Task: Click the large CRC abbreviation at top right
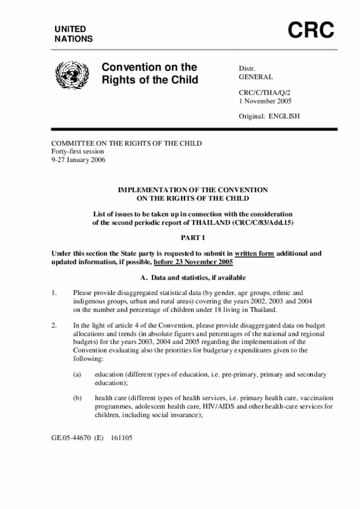coord(312,30)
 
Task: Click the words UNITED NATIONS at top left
coord(73,34)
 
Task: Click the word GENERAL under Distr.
coord(256,77)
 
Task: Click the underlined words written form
coord(254,254)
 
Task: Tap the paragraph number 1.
coord(54,293)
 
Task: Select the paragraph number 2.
coord(54,326)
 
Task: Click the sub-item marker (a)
coord(78,375)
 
